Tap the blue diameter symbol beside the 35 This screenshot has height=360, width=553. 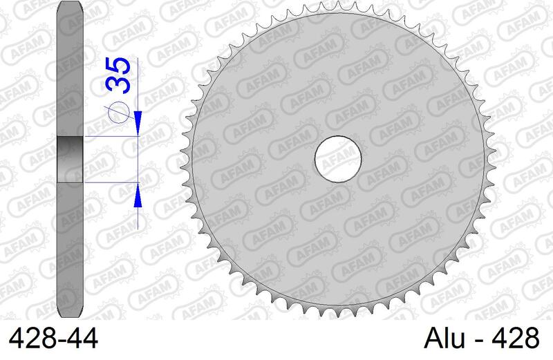(x=120, y=113)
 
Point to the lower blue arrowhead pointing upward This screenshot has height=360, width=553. (x=139, y=195)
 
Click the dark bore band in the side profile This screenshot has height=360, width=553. (x=70, y=160)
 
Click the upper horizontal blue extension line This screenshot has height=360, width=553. (x=111, y=137)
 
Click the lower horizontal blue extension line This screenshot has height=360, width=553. (x=111, y=182)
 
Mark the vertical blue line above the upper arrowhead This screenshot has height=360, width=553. (x=139, y=83)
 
